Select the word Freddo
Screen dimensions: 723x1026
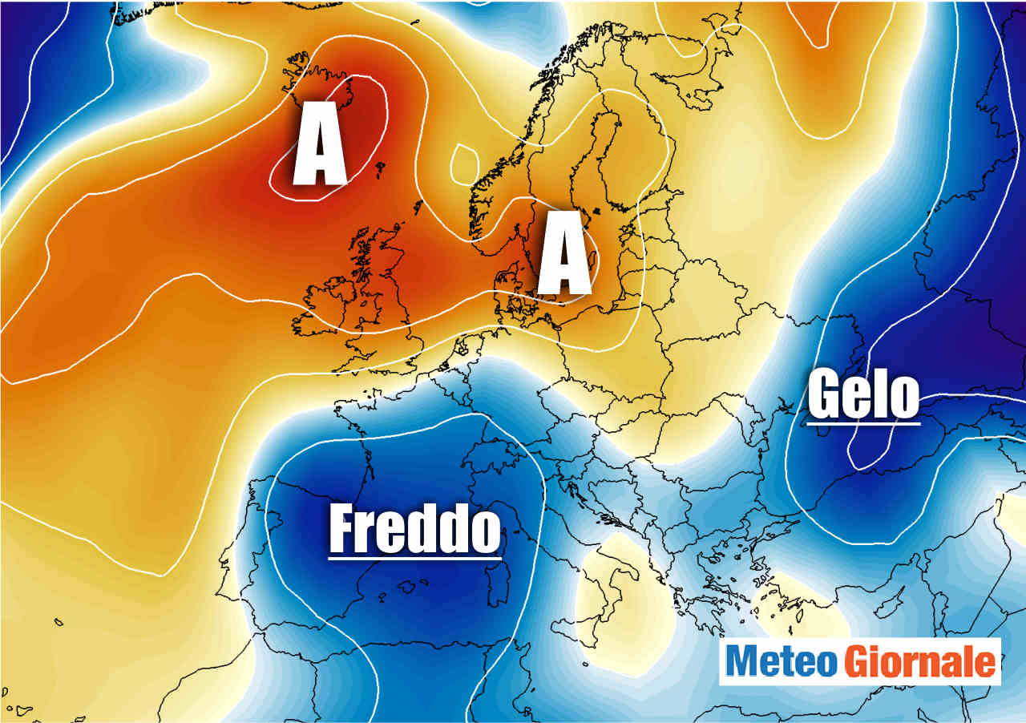(x=414, y=528)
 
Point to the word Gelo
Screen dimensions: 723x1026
(x=862, y=394)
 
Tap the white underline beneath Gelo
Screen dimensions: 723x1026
(x=863, y=420)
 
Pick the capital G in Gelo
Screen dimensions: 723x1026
(x=823, y=394)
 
